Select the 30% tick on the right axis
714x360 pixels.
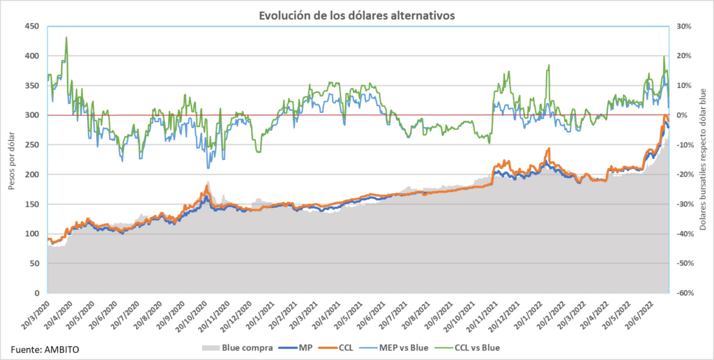click(x=684, y=27)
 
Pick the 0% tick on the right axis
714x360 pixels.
click(x=682, y=115)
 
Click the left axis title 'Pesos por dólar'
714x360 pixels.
click(x=11, y=160)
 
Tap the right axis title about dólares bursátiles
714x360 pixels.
click(x=703, y=160)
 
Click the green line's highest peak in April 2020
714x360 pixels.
click(x=66, y=37)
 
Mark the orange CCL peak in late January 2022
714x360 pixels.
click(x=549, y=149)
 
